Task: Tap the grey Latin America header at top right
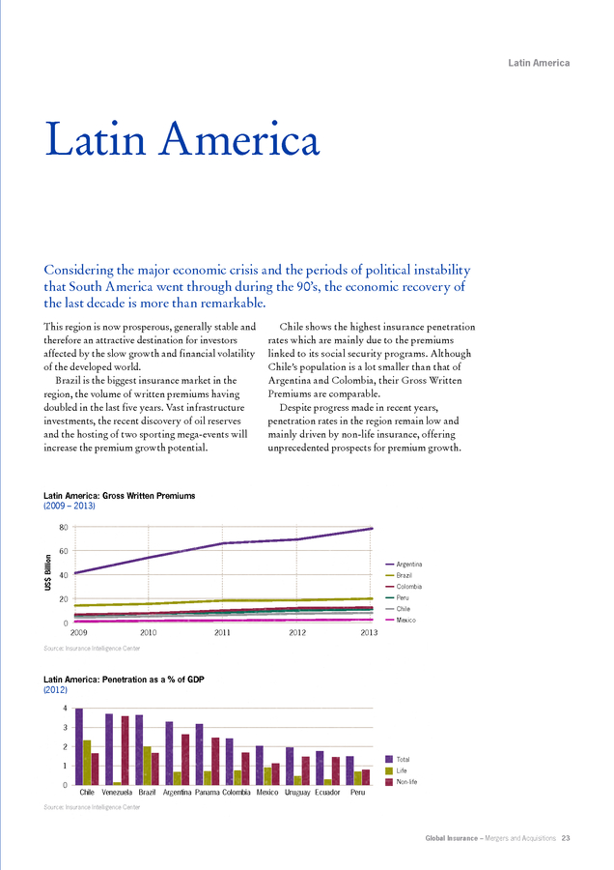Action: point(539,63)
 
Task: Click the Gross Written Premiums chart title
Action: point(119,496)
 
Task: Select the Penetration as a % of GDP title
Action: point(124,680)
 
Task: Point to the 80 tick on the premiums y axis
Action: point(64,527)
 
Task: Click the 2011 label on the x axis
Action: point(222,632)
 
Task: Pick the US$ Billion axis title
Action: point(48,572)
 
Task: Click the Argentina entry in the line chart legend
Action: point(404,565)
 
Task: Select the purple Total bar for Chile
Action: point(79,746)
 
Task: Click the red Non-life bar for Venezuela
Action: point(126,750)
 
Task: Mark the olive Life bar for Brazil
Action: point(147,766)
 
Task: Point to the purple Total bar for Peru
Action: point(349,770)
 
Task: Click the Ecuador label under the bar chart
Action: point(327,793)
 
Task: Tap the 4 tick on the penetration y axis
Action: point(66,709)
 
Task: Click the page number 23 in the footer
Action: point(565,838)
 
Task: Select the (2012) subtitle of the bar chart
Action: point(55,689)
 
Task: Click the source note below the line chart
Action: point(92,648)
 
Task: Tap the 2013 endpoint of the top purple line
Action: point(372,528)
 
